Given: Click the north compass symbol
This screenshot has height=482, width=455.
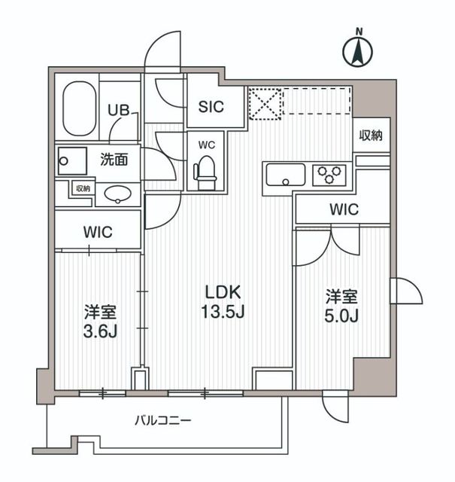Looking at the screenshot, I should tap(359, 50).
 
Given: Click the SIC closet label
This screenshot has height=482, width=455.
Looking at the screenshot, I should tap(211, 107).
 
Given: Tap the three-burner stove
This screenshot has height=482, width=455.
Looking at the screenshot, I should tap(329, 175).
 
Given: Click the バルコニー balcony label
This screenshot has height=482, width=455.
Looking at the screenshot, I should tap(163, 419).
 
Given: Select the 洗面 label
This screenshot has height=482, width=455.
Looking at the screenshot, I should tap(114, 160).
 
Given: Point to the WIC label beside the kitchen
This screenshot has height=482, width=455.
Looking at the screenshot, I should tap(342, 209).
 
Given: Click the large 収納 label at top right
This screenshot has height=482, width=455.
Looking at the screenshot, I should tap(372, 136).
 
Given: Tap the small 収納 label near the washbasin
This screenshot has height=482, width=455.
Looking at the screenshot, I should tap(83, 189).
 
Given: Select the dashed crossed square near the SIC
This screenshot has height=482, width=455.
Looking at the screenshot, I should tap(265, 104).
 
